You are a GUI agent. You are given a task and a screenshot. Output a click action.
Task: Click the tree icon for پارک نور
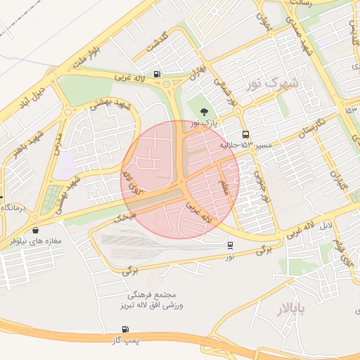tap(205, 112)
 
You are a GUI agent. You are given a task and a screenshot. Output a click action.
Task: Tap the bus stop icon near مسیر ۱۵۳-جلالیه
tap(245, 134)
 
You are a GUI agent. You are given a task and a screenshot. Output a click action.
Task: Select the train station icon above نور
tap(231, 245)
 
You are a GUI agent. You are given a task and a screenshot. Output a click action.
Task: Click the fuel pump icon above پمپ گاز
tap(125, 329)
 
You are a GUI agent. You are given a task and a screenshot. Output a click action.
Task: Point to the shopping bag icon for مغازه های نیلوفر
tap(35, 229)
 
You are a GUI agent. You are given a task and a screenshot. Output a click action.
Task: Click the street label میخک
tap(124, 217)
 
